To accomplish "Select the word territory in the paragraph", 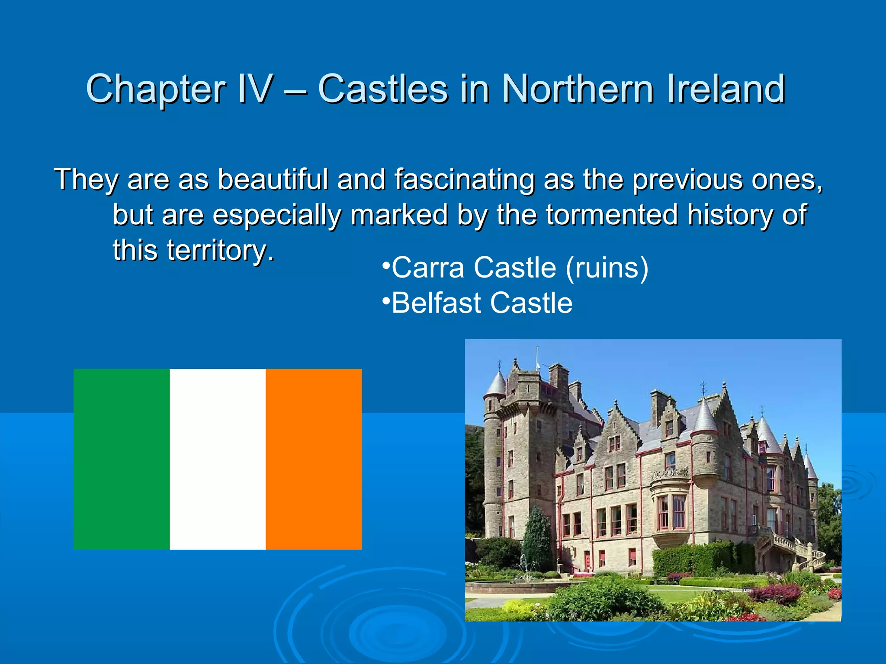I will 220,250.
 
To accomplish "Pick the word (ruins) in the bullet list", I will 607,268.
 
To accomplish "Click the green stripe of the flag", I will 122,459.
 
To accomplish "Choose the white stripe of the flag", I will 218,459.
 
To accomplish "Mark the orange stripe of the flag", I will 314,459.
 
